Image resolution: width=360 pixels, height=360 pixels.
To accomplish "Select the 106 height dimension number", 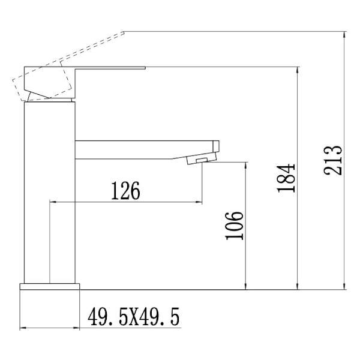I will [235, 226].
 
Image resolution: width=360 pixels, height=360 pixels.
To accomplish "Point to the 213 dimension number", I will [333, 160].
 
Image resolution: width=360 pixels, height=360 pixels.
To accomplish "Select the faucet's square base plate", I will [50, 287].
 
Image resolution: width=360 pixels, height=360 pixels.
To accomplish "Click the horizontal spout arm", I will [144, 149].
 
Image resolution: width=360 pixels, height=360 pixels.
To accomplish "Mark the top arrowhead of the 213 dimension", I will [346, 35].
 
